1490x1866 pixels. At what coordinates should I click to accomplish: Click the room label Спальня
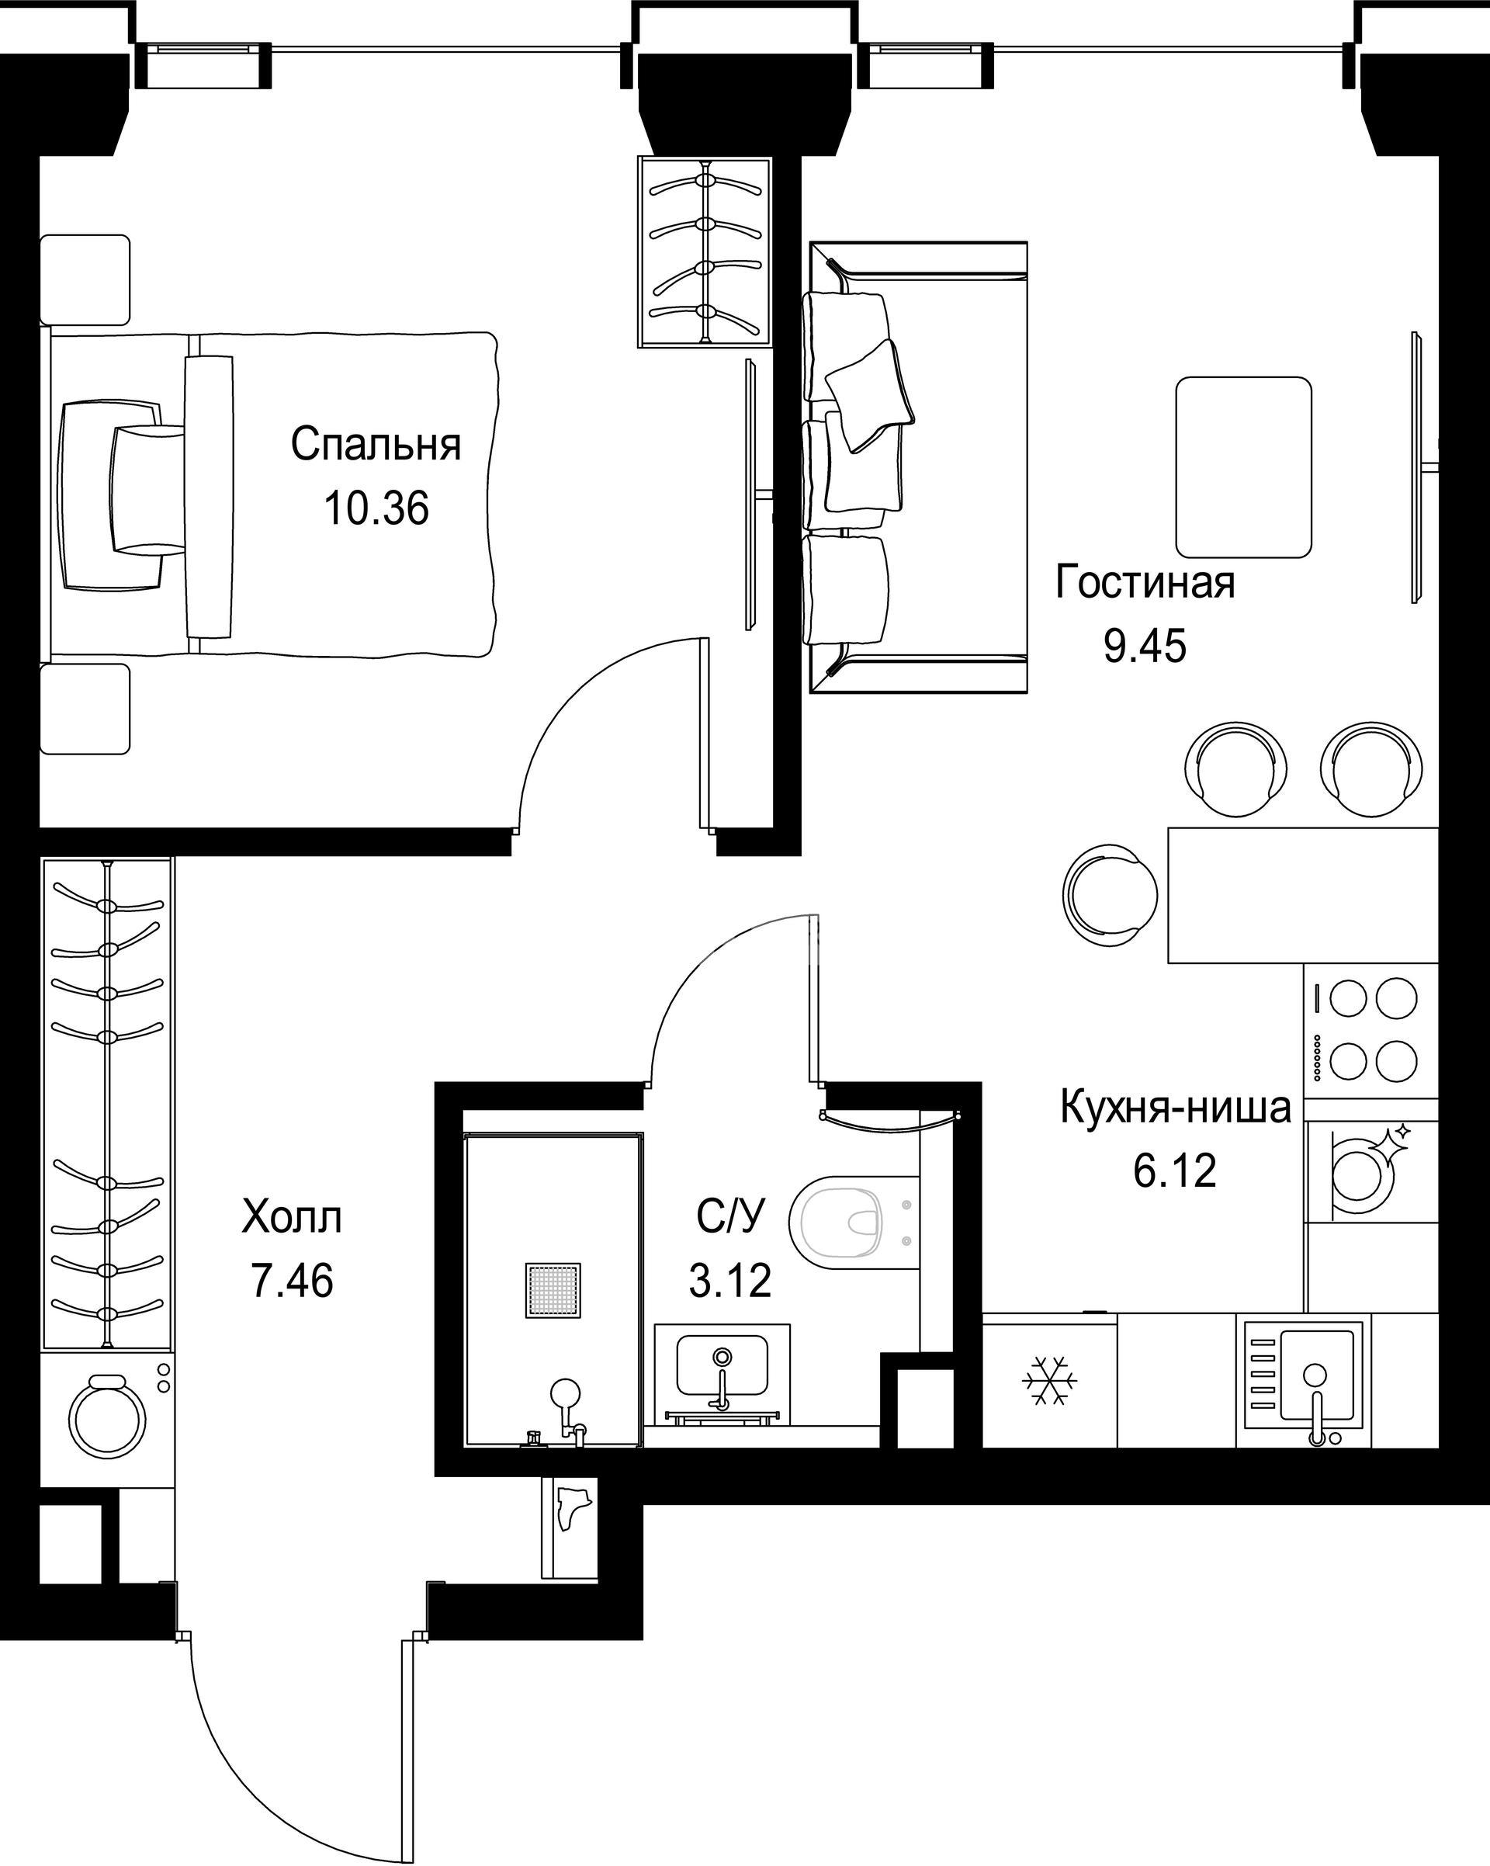pos(376,445)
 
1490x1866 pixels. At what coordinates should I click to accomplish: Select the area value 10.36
pos(376,508)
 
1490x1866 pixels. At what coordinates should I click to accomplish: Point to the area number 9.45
pos(1145,646)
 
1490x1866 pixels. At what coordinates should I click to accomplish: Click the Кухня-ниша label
pos(1176,1108)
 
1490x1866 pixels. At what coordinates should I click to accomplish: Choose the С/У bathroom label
pos(731,1217)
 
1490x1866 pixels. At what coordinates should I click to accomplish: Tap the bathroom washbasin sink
pos(722,1385)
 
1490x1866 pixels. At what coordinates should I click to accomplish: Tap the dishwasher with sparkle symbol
pos(1370,1171)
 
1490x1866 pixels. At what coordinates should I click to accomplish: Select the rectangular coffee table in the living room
pos(1243,467)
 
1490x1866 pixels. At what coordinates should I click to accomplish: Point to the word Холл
pos(293,1217)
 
